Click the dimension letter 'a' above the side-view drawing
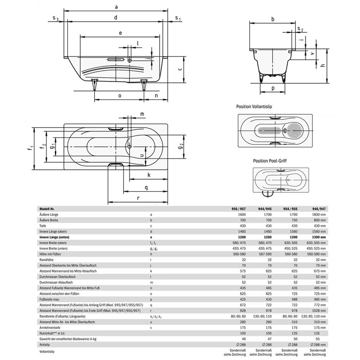[x=116, y=6]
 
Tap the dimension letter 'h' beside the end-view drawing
[x=323, y=65]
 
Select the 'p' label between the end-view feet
[x=273, y=88]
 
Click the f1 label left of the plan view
[x=32, y=147]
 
